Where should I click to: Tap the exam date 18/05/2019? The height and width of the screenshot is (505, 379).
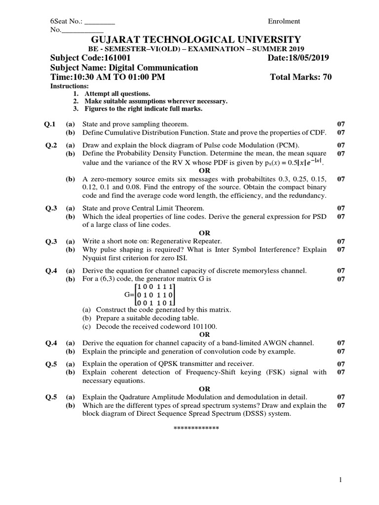point(309,58)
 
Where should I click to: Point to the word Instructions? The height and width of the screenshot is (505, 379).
point(69,86)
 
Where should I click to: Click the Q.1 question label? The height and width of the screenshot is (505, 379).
point(51,124)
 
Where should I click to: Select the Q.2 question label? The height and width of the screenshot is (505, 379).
point(51,145)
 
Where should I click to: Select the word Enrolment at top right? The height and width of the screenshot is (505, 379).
point(284,21)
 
